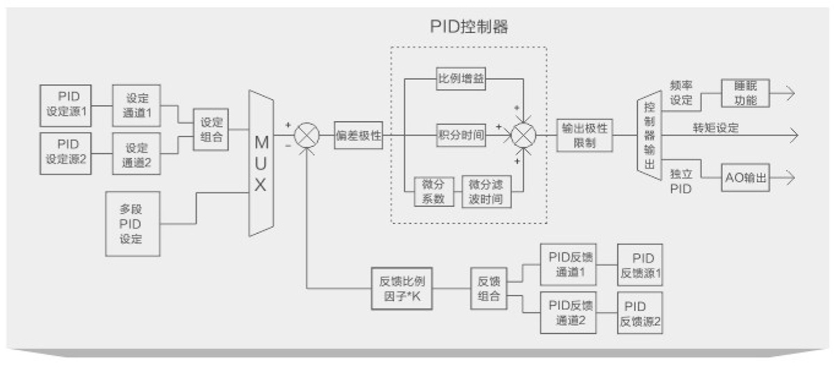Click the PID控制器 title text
click(469, 27)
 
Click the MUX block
click(261, 163)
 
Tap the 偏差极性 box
click(359, 134)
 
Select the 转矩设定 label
click(715, 128)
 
